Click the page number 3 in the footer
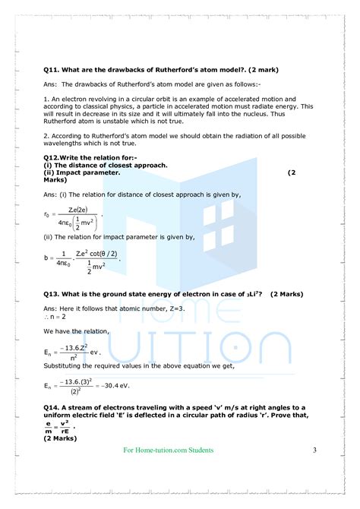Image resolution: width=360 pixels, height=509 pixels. (314, 451)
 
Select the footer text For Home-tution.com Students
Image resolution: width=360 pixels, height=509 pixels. (168, 451)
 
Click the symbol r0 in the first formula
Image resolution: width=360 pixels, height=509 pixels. (46, 215)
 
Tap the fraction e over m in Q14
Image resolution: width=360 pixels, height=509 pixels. (48, 425)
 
